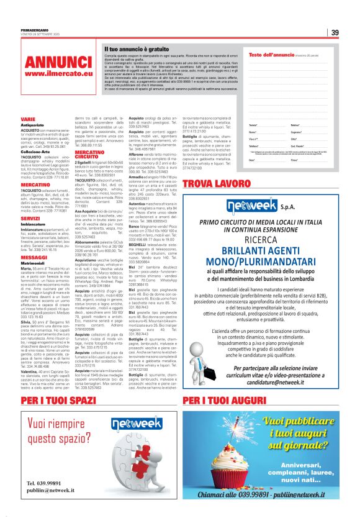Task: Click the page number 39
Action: point(335,33)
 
